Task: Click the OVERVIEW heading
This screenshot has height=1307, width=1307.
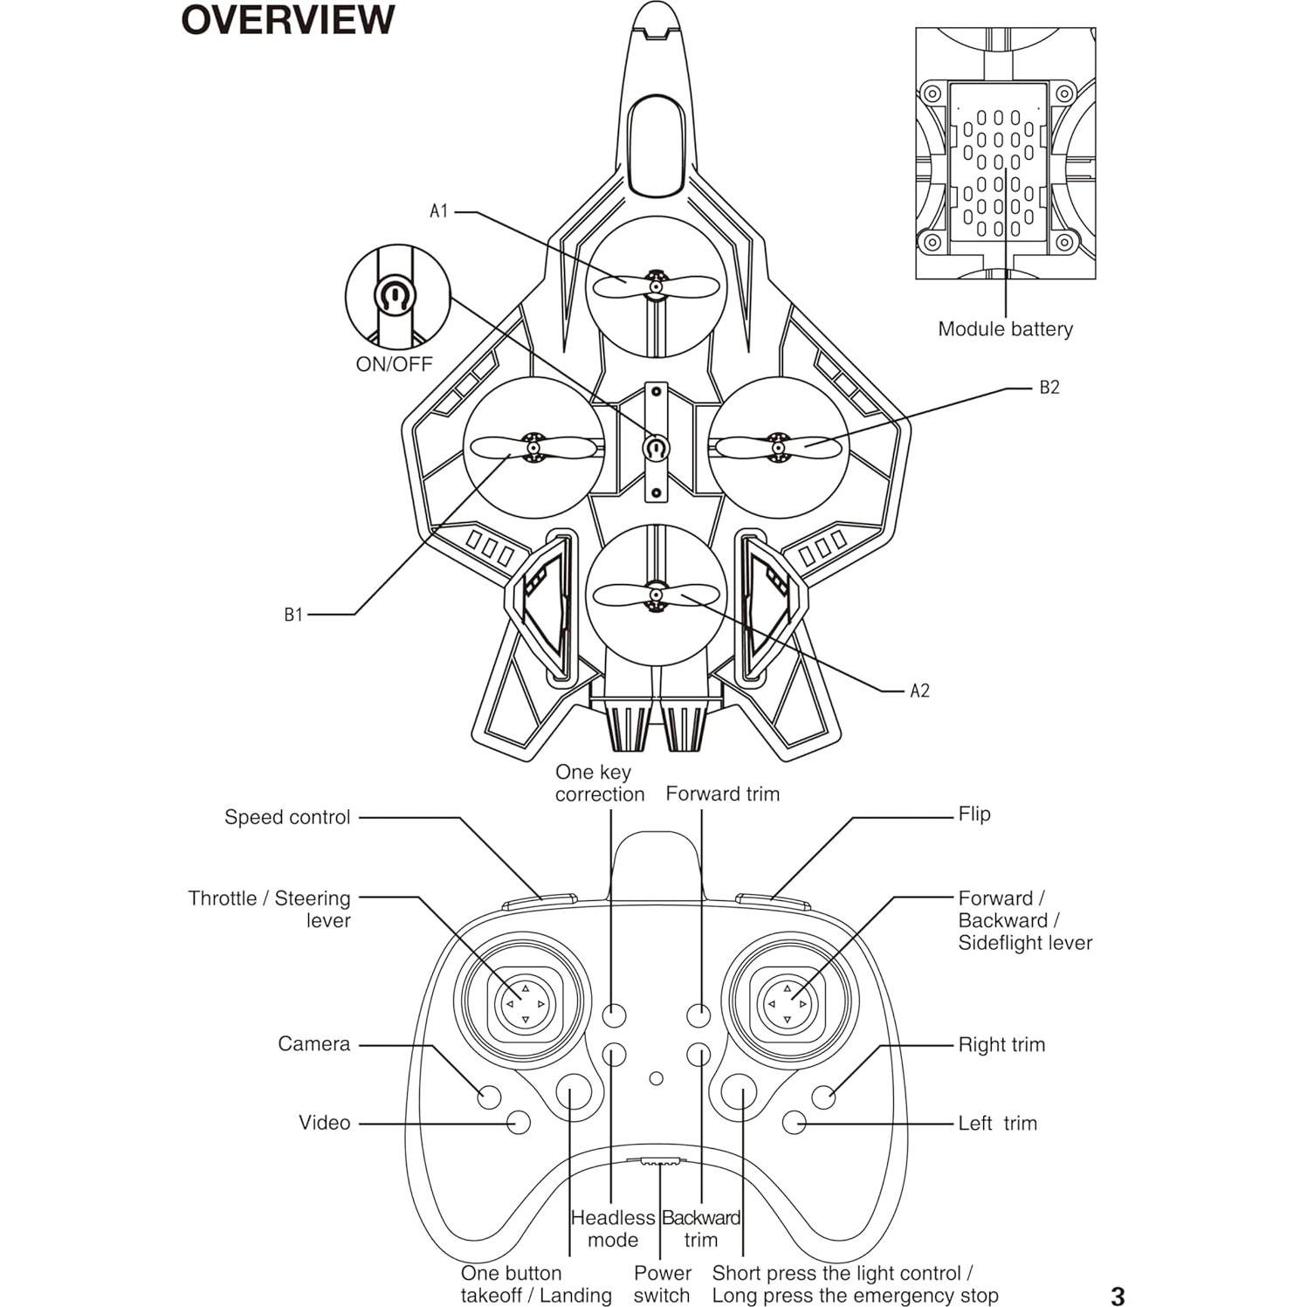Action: pyautogui.click(x=288, y=20)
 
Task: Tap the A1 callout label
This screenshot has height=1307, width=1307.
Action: pyautogui.click(x=438, y=211)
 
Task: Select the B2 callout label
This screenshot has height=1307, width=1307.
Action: pyautogui.click(x=1049, y=388)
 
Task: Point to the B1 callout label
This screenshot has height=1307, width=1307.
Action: pyautogui.click(x=293, y=615)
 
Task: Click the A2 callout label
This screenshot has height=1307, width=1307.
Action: pyautogui.click(x=920, y=691)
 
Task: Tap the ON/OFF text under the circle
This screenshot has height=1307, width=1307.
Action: pyautogui.click(x=394, y=365)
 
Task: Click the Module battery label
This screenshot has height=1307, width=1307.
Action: pyautogui.click(x=1005, y=329)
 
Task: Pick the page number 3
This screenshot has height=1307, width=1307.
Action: pyautogui.click(x=1118, y=1296)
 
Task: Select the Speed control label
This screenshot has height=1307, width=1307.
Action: pyautogui.click(x=287, y=817)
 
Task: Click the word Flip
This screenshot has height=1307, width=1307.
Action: pyautogui.click(x=974, y=814)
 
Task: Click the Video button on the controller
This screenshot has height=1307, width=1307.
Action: pyautogui.click(x=519, y=1122)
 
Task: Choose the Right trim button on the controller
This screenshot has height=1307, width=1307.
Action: pyautogui.click(x=823, y=1096)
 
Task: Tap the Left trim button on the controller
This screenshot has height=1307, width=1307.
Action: pyautogui.click(x=795, y=1122)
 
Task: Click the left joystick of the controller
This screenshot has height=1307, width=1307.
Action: pyautogui.click(x=524, y=1004)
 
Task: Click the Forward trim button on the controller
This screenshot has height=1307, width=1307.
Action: pyautogui.click(x=698, y=1015)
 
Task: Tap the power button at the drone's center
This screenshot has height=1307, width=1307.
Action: pyautogui.click(x=656, y=449)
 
